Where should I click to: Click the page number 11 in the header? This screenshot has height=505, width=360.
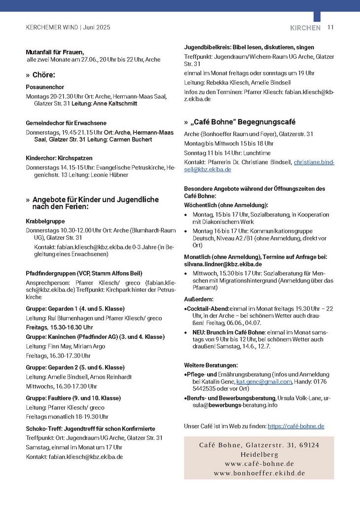330,28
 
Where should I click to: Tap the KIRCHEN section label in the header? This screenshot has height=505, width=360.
305,28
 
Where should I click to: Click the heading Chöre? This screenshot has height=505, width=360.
43,75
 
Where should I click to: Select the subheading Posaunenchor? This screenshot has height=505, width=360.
45,86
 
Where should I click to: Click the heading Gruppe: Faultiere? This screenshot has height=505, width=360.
73,398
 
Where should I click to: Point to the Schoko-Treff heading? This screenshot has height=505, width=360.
90,429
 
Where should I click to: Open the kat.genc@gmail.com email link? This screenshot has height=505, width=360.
264,382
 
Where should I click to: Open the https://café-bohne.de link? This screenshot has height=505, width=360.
295,426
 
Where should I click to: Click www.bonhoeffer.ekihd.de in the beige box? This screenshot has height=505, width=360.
259,473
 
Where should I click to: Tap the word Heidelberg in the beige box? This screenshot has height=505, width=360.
259,454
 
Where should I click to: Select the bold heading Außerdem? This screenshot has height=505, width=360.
198,299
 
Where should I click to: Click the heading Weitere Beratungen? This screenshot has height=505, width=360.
211,365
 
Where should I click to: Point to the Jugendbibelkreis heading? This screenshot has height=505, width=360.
249,47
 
